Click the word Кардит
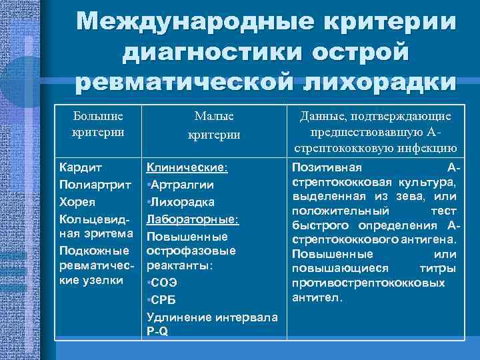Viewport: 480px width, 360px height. coord(78,167)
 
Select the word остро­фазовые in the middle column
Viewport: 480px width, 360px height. coord(191,251)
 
